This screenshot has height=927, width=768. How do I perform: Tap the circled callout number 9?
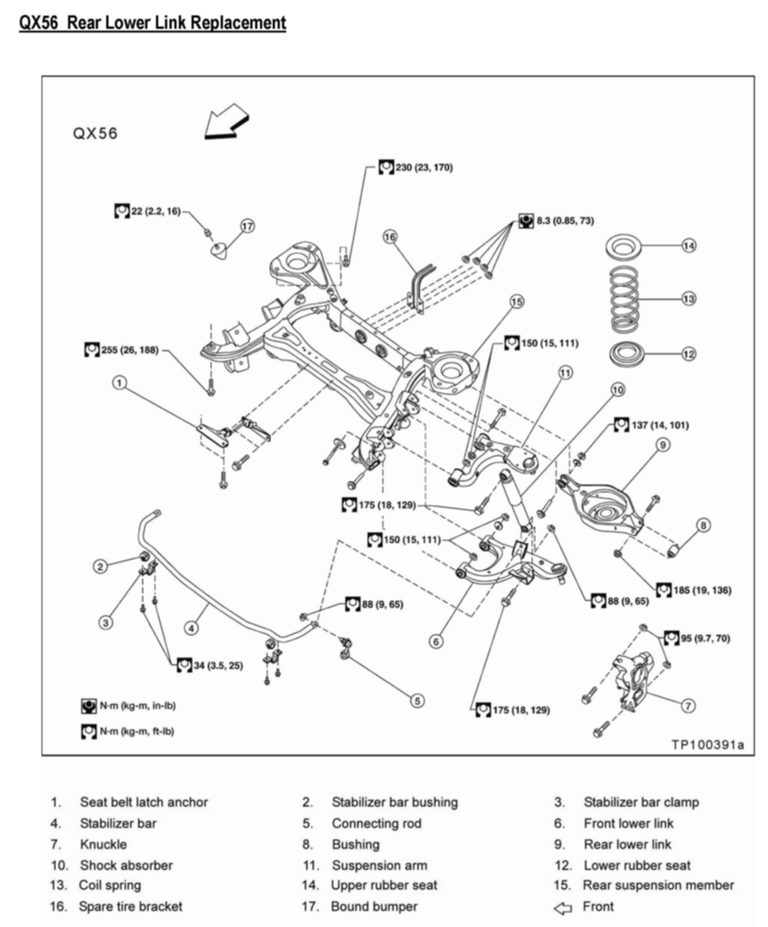[x=663, y=445]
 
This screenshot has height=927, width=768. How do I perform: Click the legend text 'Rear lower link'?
[x=627, y=844]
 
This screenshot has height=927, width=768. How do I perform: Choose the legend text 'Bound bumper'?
[x=374, y=907]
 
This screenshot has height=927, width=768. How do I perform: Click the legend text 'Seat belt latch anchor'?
[x=144, y=802]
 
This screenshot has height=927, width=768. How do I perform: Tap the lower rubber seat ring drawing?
[x=626, y=354]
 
